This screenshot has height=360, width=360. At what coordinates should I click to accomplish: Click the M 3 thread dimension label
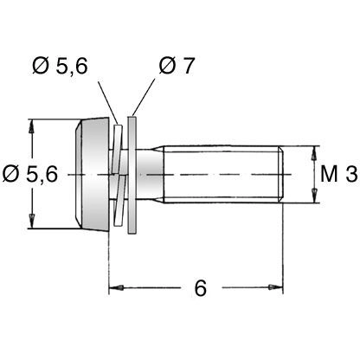tap(338, 175)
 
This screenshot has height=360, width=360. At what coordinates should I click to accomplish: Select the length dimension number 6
tap(201, 288)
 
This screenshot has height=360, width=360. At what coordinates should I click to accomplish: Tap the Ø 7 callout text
tap(177, 66)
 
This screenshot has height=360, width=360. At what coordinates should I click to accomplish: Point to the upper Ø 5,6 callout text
tap(60, 66)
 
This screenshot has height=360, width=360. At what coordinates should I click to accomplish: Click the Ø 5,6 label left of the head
tap(30, 175)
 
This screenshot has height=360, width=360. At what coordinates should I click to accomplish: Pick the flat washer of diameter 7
tap(132, 175)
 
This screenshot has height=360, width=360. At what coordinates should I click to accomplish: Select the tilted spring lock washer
tap(119, 175)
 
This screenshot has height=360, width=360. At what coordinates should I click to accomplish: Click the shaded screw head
tap(93, 174)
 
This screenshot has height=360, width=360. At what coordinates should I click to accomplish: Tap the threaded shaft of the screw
tap(222, 174)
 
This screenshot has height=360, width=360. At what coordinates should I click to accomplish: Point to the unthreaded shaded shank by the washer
tap(150, 174)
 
